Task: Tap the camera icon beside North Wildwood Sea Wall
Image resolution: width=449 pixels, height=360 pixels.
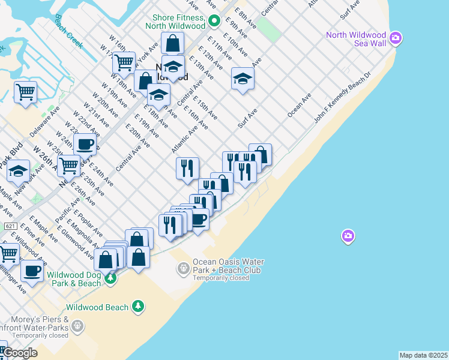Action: click(396, 39)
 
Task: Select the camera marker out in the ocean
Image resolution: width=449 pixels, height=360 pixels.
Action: click(348, 236)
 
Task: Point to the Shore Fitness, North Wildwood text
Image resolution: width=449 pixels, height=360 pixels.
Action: click(179, 22)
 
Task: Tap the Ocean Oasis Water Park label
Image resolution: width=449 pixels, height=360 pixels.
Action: click(228, 266)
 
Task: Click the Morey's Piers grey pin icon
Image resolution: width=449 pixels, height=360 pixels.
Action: click(77, 326)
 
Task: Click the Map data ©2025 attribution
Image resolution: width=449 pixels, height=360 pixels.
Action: click(424, 355)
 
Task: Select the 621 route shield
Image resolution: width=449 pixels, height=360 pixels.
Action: click(10, 226)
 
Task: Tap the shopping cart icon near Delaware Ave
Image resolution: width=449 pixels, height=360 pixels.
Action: click(25, 92)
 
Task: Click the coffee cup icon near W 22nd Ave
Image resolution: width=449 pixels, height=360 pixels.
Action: click(85, 144)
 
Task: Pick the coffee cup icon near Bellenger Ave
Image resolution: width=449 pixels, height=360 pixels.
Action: click(32, 271)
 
